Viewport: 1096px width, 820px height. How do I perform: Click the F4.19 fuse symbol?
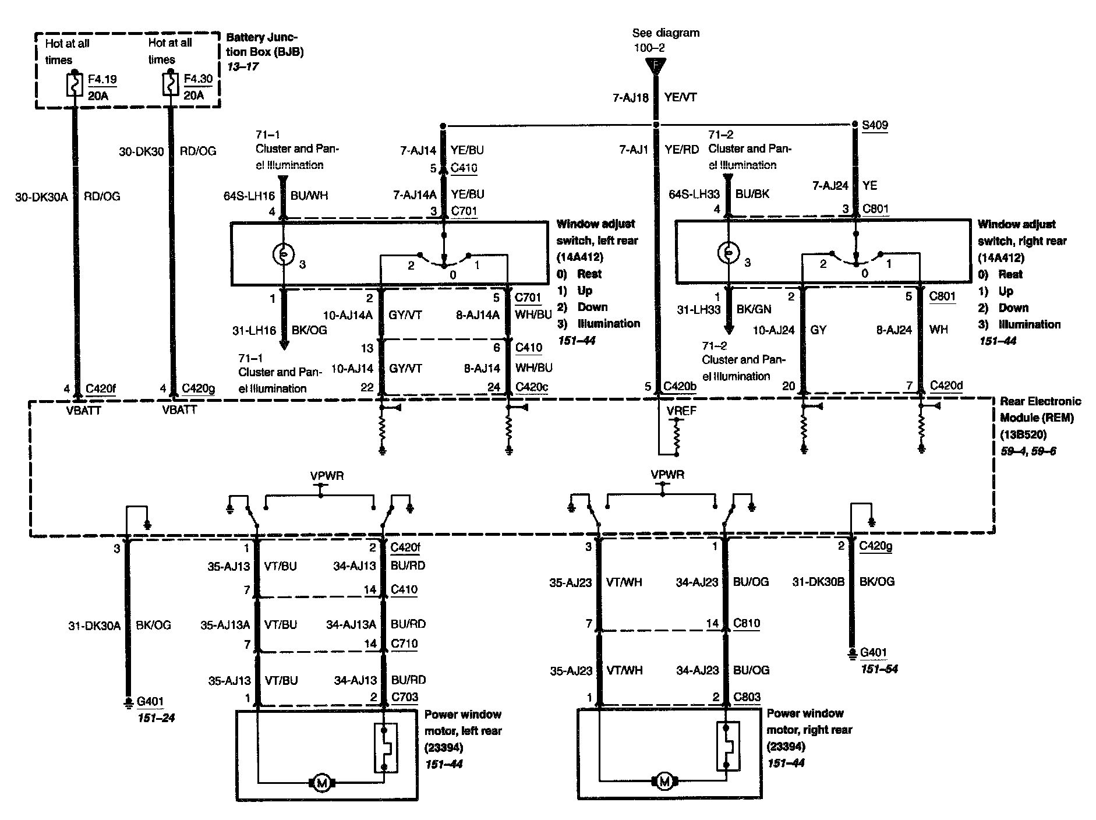[75, 85]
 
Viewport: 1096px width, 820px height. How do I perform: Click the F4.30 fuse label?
[198, 79]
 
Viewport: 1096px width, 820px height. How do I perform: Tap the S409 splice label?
[875, 125]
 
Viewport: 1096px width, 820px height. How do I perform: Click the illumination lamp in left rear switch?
[283, 254]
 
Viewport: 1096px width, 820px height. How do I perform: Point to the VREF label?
[682, 411]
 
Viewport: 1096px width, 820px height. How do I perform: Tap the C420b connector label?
[680, 386]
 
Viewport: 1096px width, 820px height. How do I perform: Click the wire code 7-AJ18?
[630, 98]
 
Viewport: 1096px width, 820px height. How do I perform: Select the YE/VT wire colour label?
[681, 98]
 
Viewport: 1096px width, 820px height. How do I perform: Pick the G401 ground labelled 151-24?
[150, 702]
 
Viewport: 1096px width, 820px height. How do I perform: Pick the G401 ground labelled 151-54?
[874, 653]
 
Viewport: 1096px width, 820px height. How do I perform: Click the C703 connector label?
[405, 697]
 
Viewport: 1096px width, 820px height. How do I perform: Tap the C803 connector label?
[747, 697]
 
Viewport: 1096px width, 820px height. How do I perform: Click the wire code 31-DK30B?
[818, 581]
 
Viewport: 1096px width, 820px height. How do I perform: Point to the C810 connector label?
[747, 623]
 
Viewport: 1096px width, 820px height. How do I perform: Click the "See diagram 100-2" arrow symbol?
[656, 66]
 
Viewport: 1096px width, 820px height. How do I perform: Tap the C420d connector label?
[946, 385]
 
